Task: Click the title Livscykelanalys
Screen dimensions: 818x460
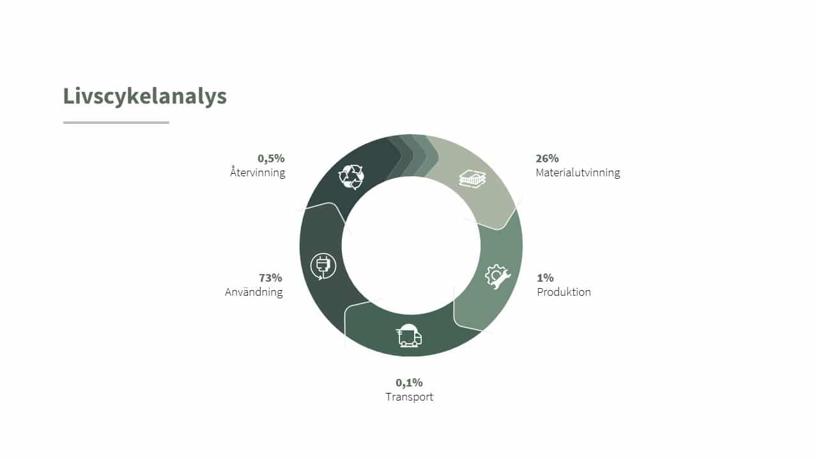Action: [x=144, y=96]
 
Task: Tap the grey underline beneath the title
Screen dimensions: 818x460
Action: [x=116, y=123]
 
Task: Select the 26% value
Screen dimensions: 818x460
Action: [x=547, y=158]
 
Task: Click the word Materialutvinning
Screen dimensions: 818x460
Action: [x=578, y=172]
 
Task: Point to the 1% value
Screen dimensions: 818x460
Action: [x=545, y=278]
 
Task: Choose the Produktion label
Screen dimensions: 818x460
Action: [x=564, y=292]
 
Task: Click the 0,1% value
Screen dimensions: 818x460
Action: [x=409, y=383]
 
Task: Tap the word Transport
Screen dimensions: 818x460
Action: [x=409, y=397]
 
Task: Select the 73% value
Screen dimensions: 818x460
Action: [x=270, y=278]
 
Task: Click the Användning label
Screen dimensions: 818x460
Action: [x=254, y=292]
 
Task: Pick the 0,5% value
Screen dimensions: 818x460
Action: [x=271, y=158]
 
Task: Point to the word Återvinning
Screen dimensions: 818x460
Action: [x=258, y=172]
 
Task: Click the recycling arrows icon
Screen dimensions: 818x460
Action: [x=351, y=177]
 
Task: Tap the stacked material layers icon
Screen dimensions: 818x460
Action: [x=472, y=178]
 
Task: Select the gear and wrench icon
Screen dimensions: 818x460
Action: [x=497, y=277]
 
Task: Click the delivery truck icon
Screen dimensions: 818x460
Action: [x=409, y=335]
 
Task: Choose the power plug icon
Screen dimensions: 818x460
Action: [x=323, y=266]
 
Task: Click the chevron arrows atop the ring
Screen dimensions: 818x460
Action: [x=413, y=157]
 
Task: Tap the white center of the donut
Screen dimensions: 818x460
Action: [x=411, y=245]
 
